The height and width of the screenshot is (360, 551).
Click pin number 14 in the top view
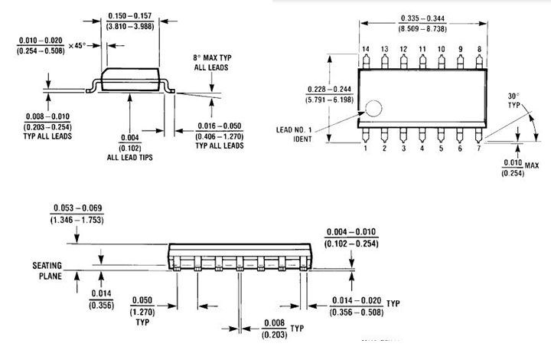(x=366, y=50)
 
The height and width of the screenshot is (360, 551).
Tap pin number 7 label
(x=479, y=149)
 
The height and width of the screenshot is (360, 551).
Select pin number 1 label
(x=366, y=149)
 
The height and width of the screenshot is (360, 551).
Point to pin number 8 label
(x=479, y=50)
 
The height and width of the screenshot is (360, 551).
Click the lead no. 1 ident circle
(x=372, y=109)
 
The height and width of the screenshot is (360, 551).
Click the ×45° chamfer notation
(x=75, y=46)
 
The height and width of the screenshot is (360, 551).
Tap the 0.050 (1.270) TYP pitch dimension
(x=143, y=306)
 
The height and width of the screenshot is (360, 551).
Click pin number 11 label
(x=422, y=50)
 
